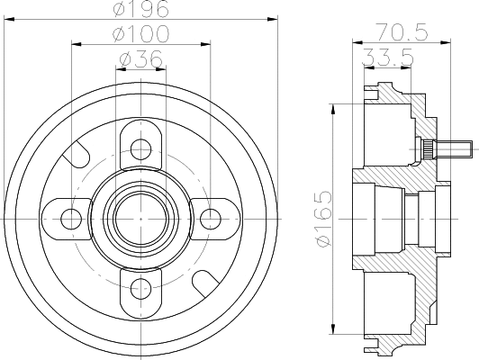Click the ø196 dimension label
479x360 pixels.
click(x=140, y=10)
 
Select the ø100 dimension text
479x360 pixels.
click(x=140, y=33)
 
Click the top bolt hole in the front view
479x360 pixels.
click(x=140, y=147)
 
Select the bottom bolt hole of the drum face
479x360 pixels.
click(x=140, y=287)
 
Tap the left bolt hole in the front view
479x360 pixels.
click(x=70, y=217)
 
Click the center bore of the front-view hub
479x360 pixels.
click(x=140, y=217)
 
